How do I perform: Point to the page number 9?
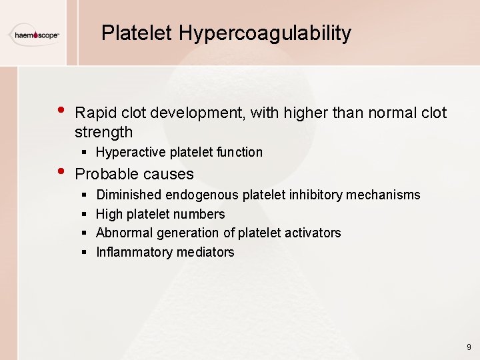coord(469,347)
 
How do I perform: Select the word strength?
coord(104,132)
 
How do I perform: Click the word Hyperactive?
coord(130,152)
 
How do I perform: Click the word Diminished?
coord(129,195)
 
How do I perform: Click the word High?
coord(109,214)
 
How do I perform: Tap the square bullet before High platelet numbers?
coord(83,214)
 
